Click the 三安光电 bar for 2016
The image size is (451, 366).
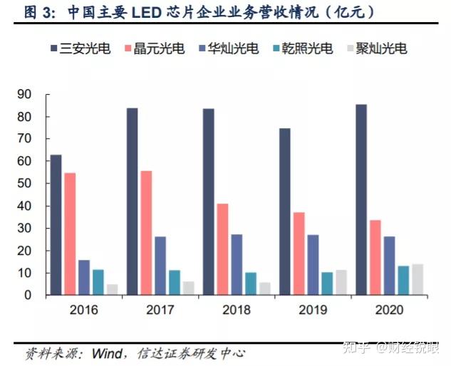56,224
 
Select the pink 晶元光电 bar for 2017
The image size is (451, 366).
146,232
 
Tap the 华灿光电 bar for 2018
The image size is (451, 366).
237,264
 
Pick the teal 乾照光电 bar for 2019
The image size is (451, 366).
326,283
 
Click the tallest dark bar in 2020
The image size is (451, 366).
361,199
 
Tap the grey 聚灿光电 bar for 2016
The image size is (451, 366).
113,289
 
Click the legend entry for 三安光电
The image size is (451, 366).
79,49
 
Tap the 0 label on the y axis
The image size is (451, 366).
28,295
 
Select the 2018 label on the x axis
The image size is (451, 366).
236,310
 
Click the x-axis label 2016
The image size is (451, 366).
83,310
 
